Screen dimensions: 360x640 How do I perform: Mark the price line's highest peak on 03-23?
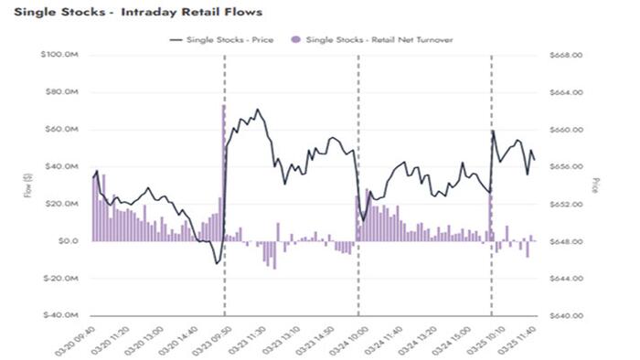coord(257,110)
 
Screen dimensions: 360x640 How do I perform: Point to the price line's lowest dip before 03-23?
coord(217,263)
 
